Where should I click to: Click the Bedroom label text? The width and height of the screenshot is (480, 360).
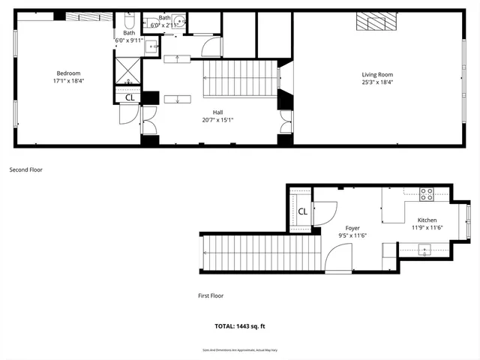click(x=68, y=73)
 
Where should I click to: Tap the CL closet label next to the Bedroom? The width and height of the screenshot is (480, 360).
click(x=129, y=97)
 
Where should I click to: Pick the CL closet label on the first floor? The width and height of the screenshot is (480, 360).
click(x=302, y=211)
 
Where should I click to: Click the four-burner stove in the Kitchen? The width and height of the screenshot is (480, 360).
click(x=426, y=193)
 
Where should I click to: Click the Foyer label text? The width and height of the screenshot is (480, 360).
click(x=352, y=228)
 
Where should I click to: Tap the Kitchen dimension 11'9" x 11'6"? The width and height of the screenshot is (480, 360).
click(x=427, y=227)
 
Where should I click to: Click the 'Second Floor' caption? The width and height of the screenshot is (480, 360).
click(x=25, y=170)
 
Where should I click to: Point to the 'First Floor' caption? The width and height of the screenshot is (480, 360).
click(x=211, y=295)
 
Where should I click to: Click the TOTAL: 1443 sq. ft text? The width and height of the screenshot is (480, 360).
click(x=240, y=326)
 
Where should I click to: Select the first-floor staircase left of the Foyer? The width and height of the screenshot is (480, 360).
click(x=255, y=253)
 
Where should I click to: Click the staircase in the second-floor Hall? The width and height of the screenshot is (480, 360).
click(x=239, y=77)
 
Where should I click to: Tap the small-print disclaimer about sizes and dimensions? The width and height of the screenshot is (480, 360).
click(x=240, y=349)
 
